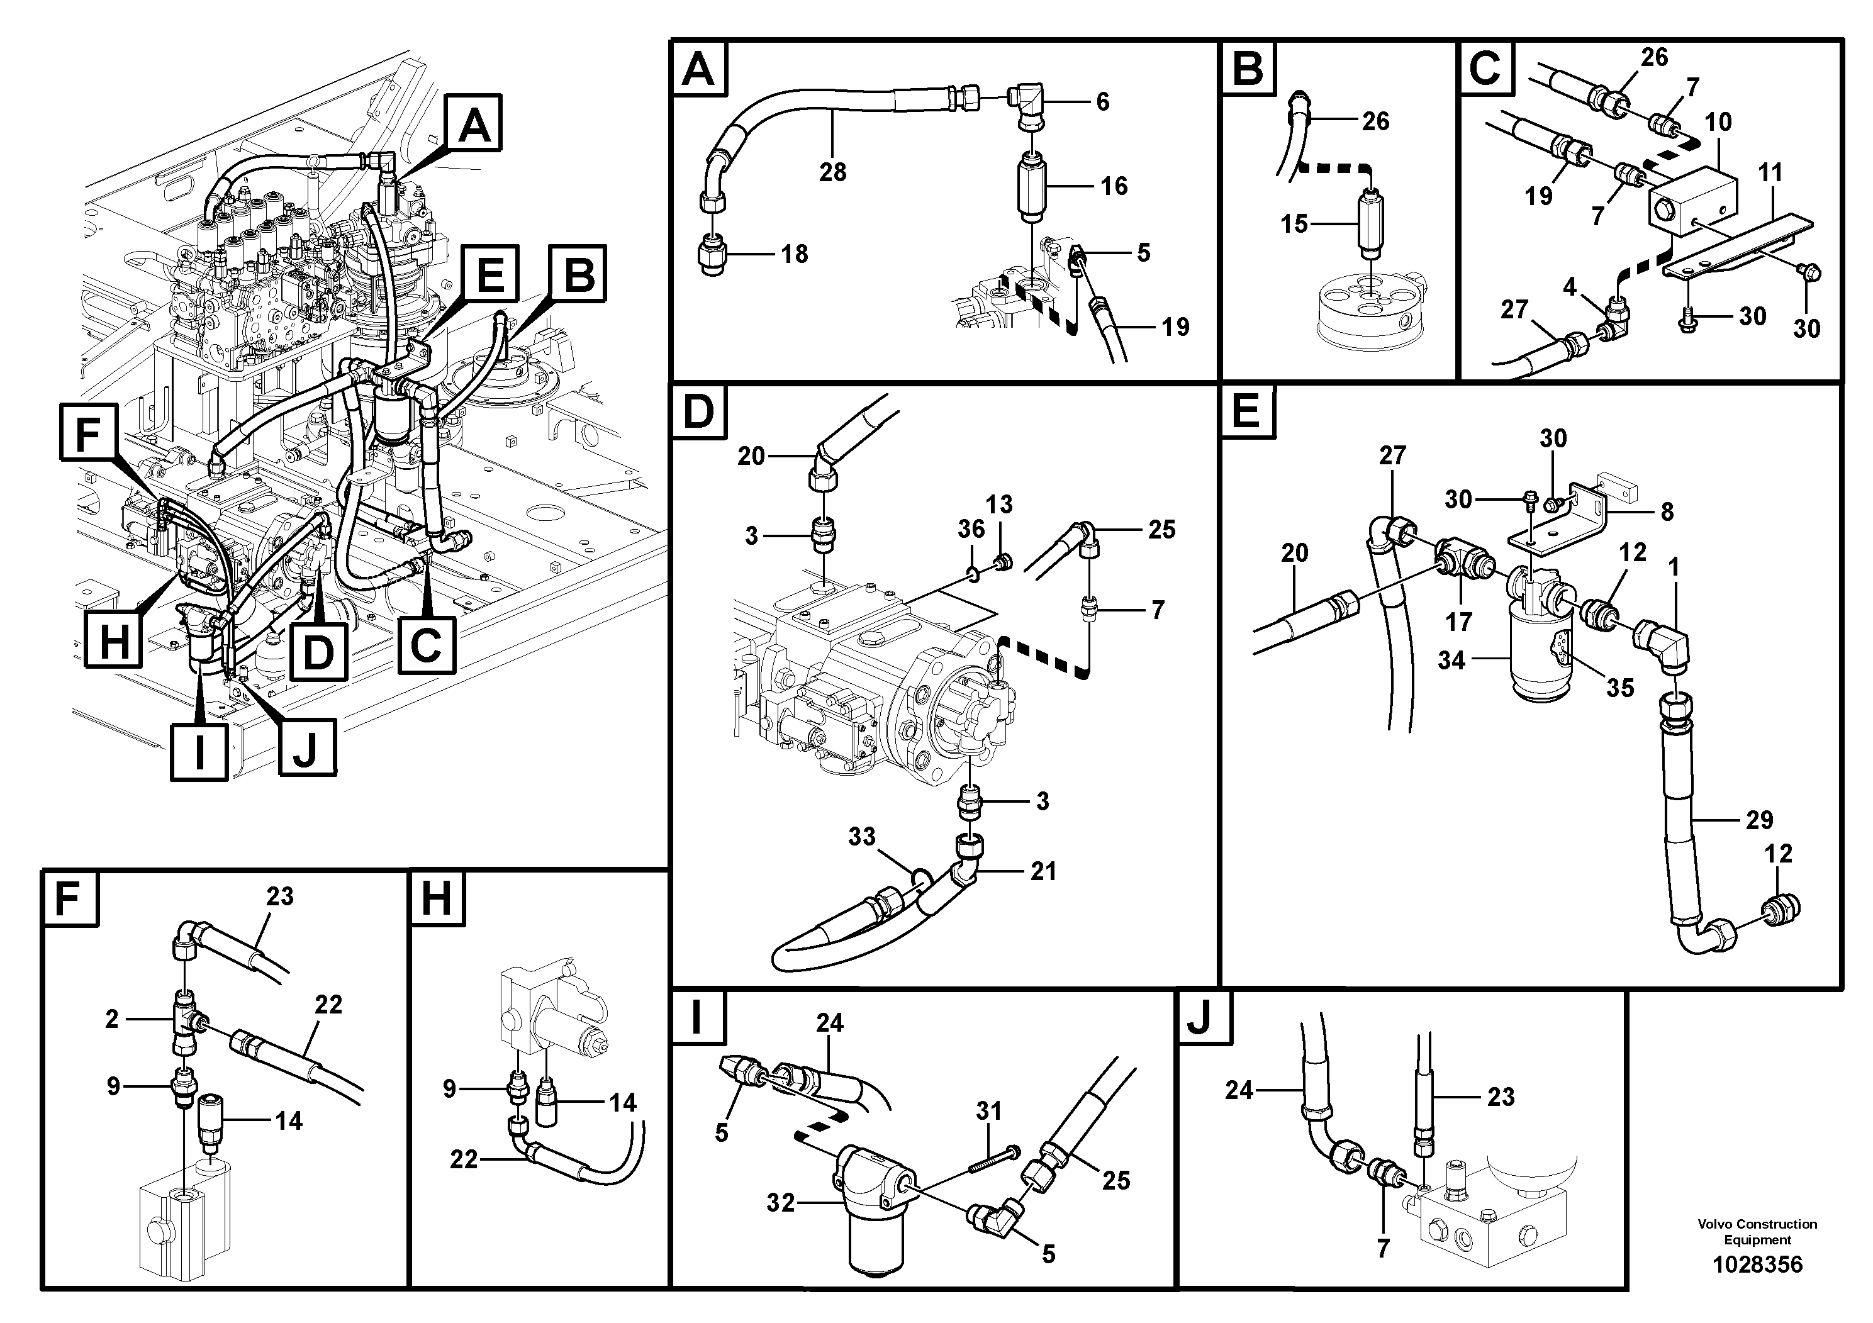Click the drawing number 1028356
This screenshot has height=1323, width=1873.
click(1757, 1265)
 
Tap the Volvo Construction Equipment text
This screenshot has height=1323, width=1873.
click(1757, 1232)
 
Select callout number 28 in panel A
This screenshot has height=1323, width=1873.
click(832, 172)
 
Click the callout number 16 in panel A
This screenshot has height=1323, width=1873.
click(1114, 186)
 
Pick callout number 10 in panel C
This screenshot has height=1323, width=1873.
click(1718, 122)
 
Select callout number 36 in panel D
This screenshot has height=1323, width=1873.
click(971, 529)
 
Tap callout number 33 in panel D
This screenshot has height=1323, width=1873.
click(861, 837)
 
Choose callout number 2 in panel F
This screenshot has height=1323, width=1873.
click(112, 1019)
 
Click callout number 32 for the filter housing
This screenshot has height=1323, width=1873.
click(780, 1203)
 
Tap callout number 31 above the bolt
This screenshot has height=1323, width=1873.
click(988, 1111)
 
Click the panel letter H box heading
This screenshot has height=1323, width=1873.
click(437, 900)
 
